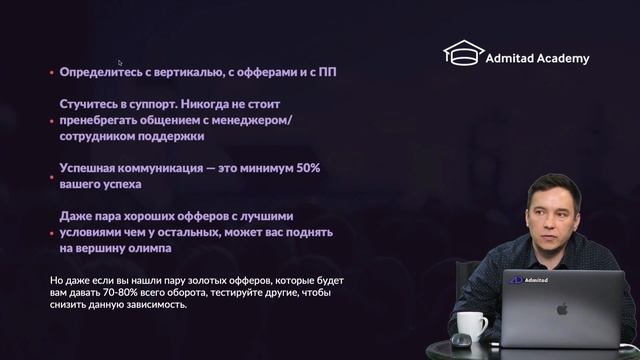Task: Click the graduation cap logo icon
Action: tap(464, 54)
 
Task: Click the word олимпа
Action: tap(149, 248)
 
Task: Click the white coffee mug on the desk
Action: tap(471, 327)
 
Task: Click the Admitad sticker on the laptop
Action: tap(522, 279)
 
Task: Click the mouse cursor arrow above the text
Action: tap(120, 62)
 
